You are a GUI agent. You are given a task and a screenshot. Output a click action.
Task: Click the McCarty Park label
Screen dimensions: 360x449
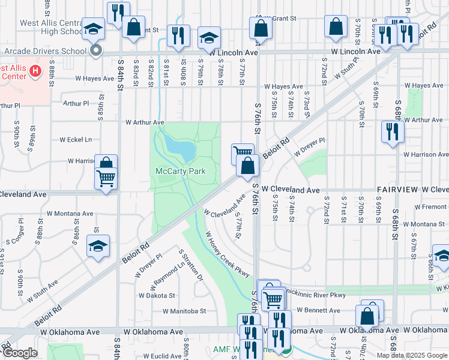click(x=181, y=172)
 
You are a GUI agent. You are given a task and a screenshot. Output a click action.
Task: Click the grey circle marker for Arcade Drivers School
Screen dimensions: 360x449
click(x=96, y=51)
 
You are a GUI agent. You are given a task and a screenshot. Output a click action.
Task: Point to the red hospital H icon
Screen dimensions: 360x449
click(x=35, y=72)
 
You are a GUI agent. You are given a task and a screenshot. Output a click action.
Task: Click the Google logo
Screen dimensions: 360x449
click(x=20, y=353)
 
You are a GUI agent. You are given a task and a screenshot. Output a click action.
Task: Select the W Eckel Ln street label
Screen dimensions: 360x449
click(x=76, y=140)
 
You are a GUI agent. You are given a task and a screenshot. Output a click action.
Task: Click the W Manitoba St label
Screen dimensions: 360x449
click(x=184, y=311)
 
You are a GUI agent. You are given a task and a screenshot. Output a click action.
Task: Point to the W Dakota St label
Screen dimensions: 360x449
click(x=157, y=295)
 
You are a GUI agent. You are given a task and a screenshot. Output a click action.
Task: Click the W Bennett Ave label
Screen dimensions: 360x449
click(x=318, y=310)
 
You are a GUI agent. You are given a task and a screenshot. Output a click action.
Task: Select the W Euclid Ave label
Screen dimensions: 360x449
click(x=157, y=356)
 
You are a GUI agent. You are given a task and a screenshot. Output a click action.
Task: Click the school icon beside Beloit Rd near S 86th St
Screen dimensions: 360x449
click(x=98, y=247)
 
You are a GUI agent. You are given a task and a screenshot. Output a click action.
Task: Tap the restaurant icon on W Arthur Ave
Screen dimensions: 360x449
click(x=392, y=132)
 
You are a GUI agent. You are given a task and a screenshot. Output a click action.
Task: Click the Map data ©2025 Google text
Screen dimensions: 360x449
click(x=411, y=355)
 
